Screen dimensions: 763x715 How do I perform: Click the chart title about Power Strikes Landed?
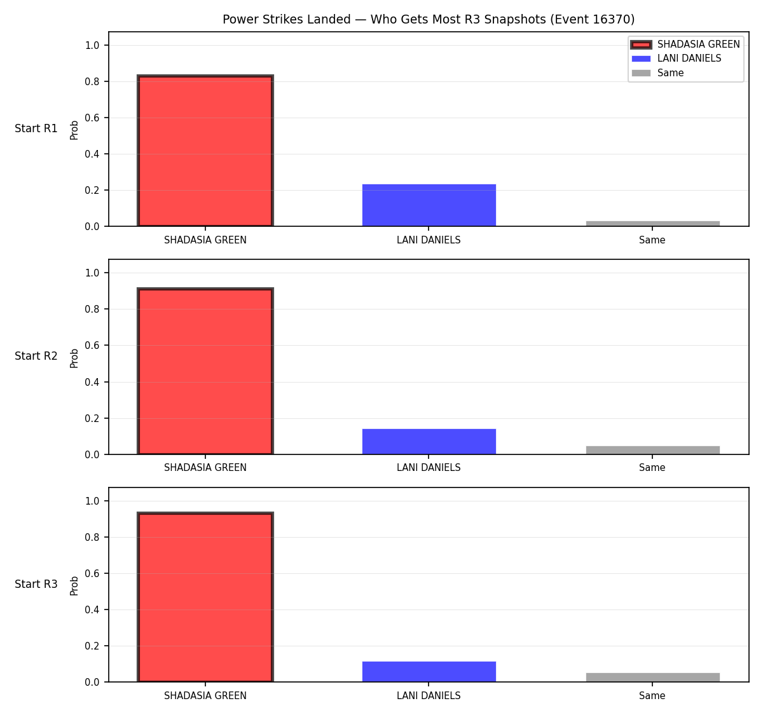(x=429, y=19)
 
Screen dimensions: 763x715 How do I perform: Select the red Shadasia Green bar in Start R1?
(x=205, y=151)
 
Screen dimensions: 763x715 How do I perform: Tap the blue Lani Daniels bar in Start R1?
(x=429, y=205)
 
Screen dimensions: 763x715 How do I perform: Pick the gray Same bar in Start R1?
(x=652, y=224)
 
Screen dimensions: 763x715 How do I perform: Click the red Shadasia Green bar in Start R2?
(x=205, y=371)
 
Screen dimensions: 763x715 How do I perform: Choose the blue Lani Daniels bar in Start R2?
(x=429, y=442)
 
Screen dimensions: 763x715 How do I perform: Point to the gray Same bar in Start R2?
(x=652, y=450)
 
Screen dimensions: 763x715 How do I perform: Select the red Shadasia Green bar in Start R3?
(x=205, y=597)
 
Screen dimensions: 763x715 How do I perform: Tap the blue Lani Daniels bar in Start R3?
(x=429, y=672)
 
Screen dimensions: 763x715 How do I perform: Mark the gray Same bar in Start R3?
(x=652, y=678)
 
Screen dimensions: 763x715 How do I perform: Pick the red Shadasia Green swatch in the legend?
(x=641, y=44)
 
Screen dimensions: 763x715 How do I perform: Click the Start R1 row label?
(x=36, y=128)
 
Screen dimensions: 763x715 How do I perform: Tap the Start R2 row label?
(x=36, y=356)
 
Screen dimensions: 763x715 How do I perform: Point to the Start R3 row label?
(x=36, y=584)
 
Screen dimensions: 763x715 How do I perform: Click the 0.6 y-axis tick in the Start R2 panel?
(x=92, y=345)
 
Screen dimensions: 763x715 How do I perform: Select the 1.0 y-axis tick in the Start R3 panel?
(x=92, y=501)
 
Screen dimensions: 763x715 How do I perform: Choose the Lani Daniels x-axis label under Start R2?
(x=429, y=468)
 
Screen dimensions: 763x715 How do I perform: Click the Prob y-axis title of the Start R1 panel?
(x=74, y=130)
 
